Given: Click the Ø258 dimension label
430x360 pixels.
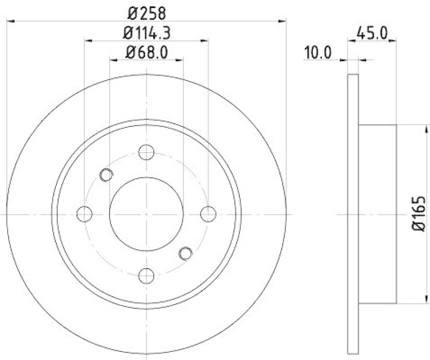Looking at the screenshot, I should [x=146, y=12].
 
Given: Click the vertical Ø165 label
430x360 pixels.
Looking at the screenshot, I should [x=419, y=214].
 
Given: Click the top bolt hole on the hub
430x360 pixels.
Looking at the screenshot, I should [x=146, y=152].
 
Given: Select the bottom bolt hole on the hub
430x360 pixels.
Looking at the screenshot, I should [x=146, y=276].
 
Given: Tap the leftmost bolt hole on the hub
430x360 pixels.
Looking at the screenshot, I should [x=84, y=214].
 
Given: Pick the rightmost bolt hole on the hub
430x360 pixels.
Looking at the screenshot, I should [x=207, y=214].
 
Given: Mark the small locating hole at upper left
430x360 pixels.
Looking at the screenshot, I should [x=106, y=174].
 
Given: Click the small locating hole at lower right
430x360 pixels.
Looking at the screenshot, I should [x=185, y=253].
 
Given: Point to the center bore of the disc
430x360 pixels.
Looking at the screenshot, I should [x=146, y=214].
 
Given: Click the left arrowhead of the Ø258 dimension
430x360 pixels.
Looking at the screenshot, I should [x=11, y=20].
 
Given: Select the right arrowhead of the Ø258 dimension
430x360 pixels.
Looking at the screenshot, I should [x=281, y=20].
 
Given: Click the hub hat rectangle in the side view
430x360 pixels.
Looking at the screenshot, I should [x=377, y=214].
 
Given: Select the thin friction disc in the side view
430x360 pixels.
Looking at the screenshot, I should [x=353, y=214].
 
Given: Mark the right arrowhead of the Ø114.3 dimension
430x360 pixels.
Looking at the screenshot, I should [x=204, y=40].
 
